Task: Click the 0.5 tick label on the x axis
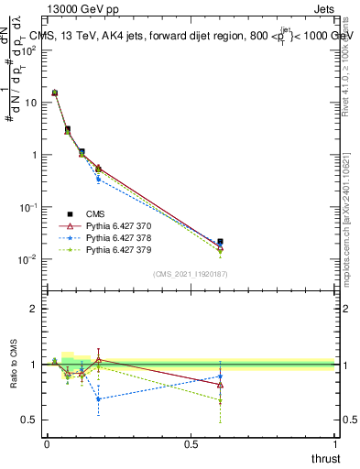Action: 191,442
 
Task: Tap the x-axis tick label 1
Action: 336,442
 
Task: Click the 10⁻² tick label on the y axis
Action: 29,259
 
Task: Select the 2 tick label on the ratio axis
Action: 33,309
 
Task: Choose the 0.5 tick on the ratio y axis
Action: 29,420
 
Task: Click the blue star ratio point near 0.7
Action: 98,398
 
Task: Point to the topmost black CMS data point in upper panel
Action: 55,93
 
